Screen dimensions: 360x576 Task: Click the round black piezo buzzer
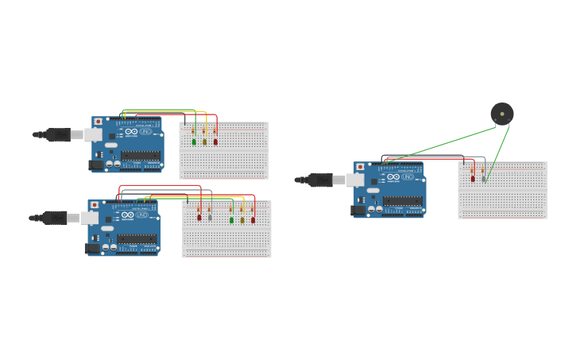(501, 114)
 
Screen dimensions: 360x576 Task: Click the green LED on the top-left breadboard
(194, 141)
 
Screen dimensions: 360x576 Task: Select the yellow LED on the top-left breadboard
(204, 141)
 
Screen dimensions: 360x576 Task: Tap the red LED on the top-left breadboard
(215, 141)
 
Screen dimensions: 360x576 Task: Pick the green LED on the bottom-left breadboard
(232, 220)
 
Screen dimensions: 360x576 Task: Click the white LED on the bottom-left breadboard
(210, 217)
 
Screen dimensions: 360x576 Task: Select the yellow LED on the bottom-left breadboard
(242, 220)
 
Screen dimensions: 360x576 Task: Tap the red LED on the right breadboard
(473, 179)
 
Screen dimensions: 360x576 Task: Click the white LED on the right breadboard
(483, 179)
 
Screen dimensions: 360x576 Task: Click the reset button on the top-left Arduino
(99, 122)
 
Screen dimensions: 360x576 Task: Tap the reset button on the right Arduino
(361, 167)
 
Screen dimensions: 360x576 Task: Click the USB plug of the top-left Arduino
(60, 134)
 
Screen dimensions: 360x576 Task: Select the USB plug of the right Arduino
(322, 180)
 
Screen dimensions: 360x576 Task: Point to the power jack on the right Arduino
(358, 210)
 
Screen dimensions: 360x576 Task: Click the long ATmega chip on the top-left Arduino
(140, 156)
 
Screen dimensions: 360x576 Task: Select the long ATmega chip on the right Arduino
(402, 201)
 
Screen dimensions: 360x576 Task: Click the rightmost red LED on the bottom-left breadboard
(253, 220)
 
